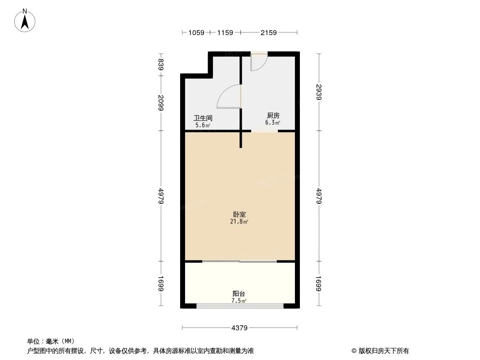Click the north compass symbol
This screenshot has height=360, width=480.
[25, 20]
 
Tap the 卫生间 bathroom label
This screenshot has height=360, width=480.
[203, 118]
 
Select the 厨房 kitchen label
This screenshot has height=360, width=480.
[273, 116]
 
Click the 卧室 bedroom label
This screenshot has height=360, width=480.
[239, 215]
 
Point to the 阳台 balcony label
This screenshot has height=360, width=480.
[239, 294]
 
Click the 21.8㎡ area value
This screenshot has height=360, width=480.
[239, 222]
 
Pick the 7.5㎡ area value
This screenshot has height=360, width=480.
[239, 301]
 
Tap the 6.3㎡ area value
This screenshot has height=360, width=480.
[273, 122]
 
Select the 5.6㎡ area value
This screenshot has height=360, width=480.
[203, 125]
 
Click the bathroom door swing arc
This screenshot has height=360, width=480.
[228, 97]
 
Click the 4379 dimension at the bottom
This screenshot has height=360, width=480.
[240, 328]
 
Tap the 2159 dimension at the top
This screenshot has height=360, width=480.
[268, 32]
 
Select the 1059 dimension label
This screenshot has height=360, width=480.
[196, 32]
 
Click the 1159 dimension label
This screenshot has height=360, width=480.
[225, 32]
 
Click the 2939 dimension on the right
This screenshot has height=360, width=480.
[319, 93]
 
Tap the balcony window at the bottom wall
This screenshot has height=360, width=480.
[240, 306]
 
